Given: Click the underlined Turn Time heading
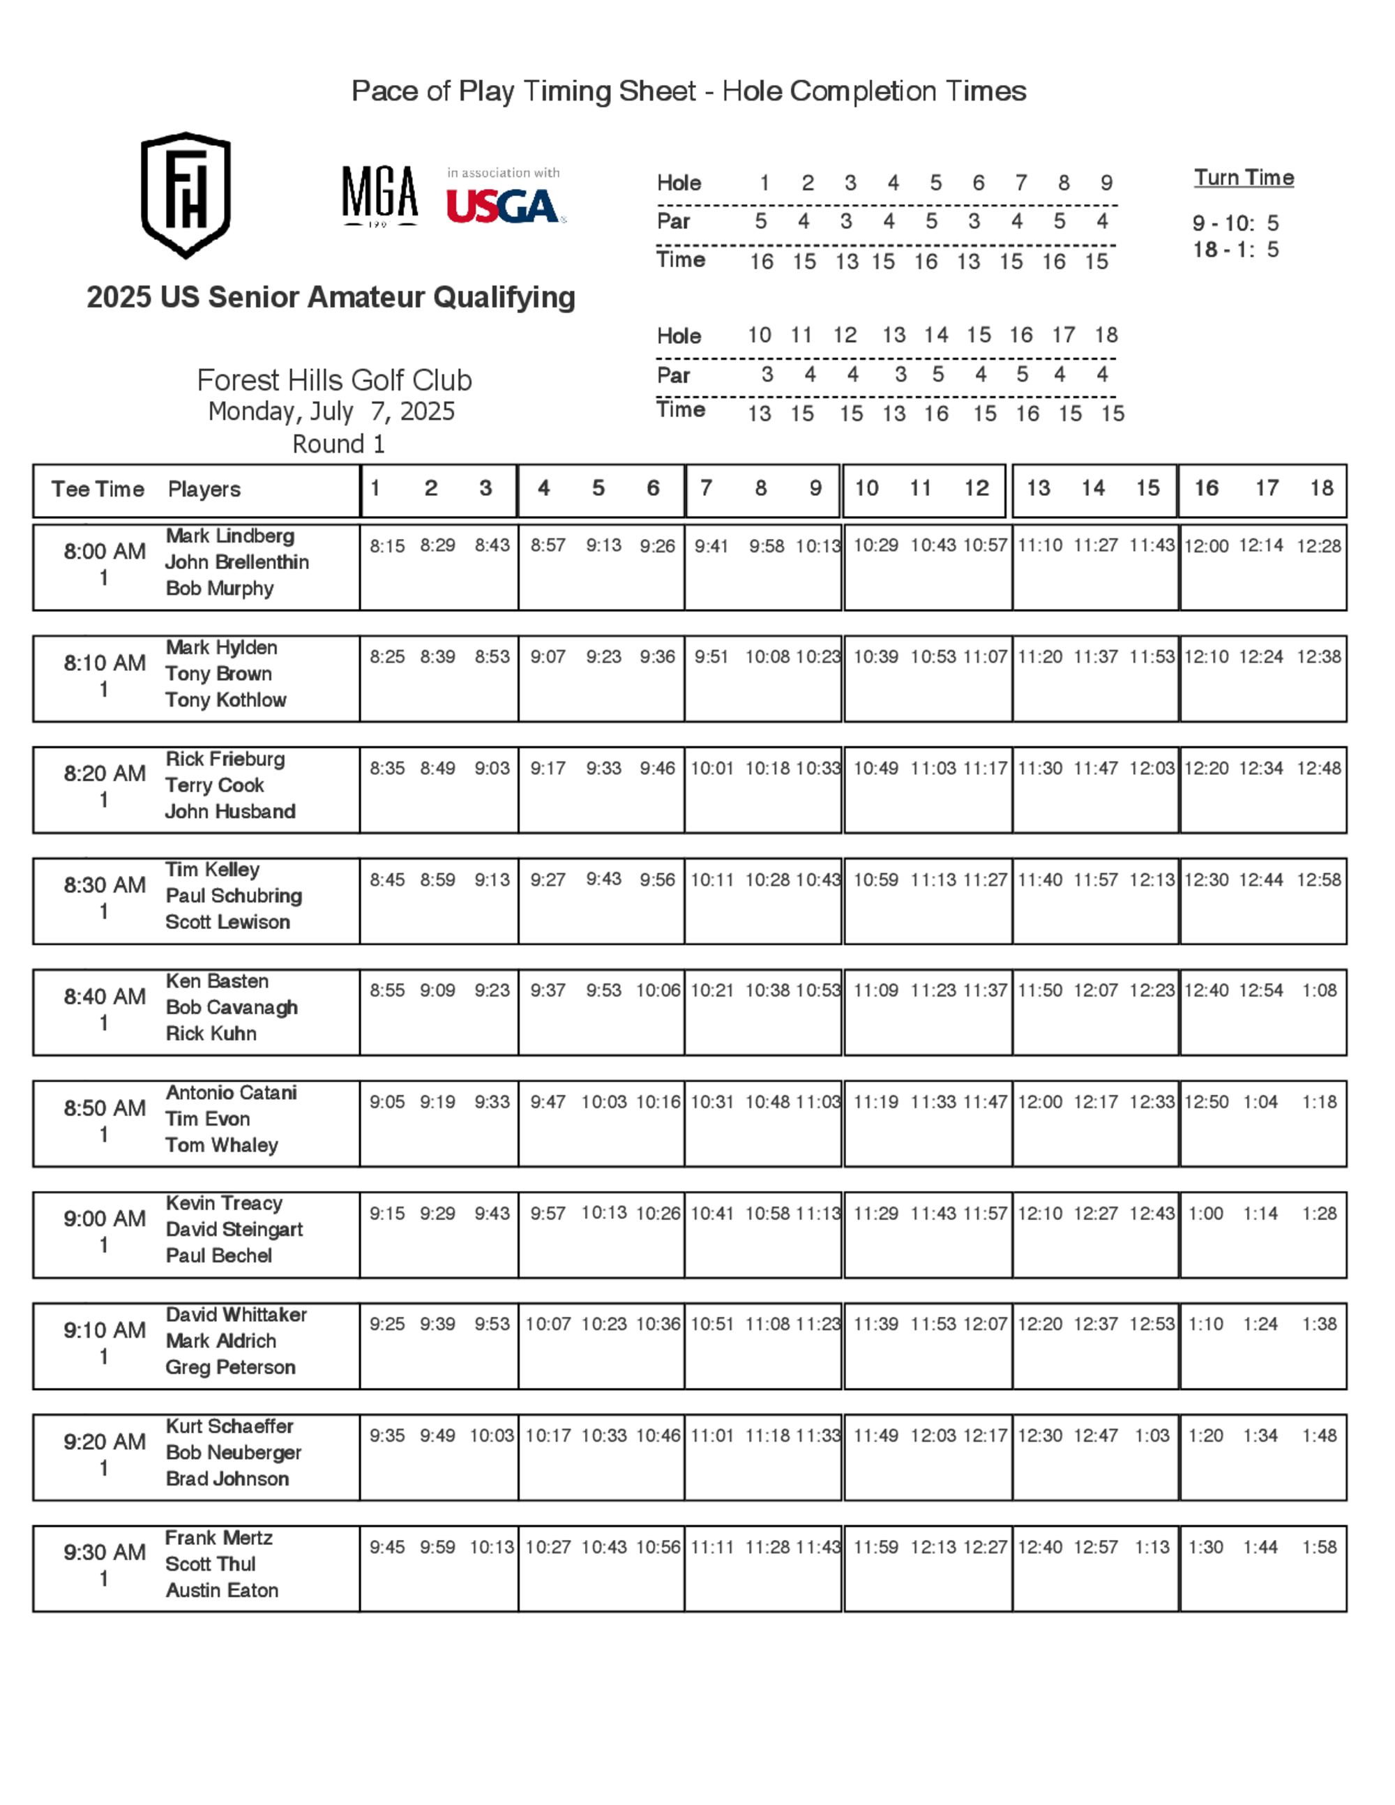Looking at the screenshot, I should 1243,178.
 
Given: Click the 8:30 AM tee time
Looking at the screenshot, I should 104,885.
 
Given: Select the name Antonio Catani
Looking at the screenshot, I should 232,1093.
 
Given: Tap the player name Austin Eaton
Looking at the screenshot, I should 222,1590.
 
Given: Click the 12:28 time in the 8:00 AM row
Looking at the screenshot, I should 1318,546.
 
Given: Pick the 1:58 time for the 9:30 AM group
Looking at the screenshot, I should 1319,1547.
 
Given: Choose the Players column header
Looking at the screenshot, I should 204,490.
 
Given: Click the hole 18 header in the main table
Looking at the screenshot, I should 1322,488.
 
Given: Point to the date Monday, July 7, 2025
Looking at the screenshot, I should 331,411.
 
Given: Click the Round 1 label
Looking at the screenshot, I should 338,445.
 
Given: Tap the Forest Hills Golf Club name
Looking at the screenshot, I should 334,380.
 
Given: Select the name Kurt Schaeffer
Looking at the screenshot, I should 229,1426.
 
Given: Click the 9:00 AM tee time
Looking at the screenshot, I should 104,1219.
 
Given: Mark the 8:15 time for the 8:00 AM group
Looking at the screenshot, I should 387,546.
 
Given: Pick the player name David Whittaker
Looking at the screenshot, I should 236,1315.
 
